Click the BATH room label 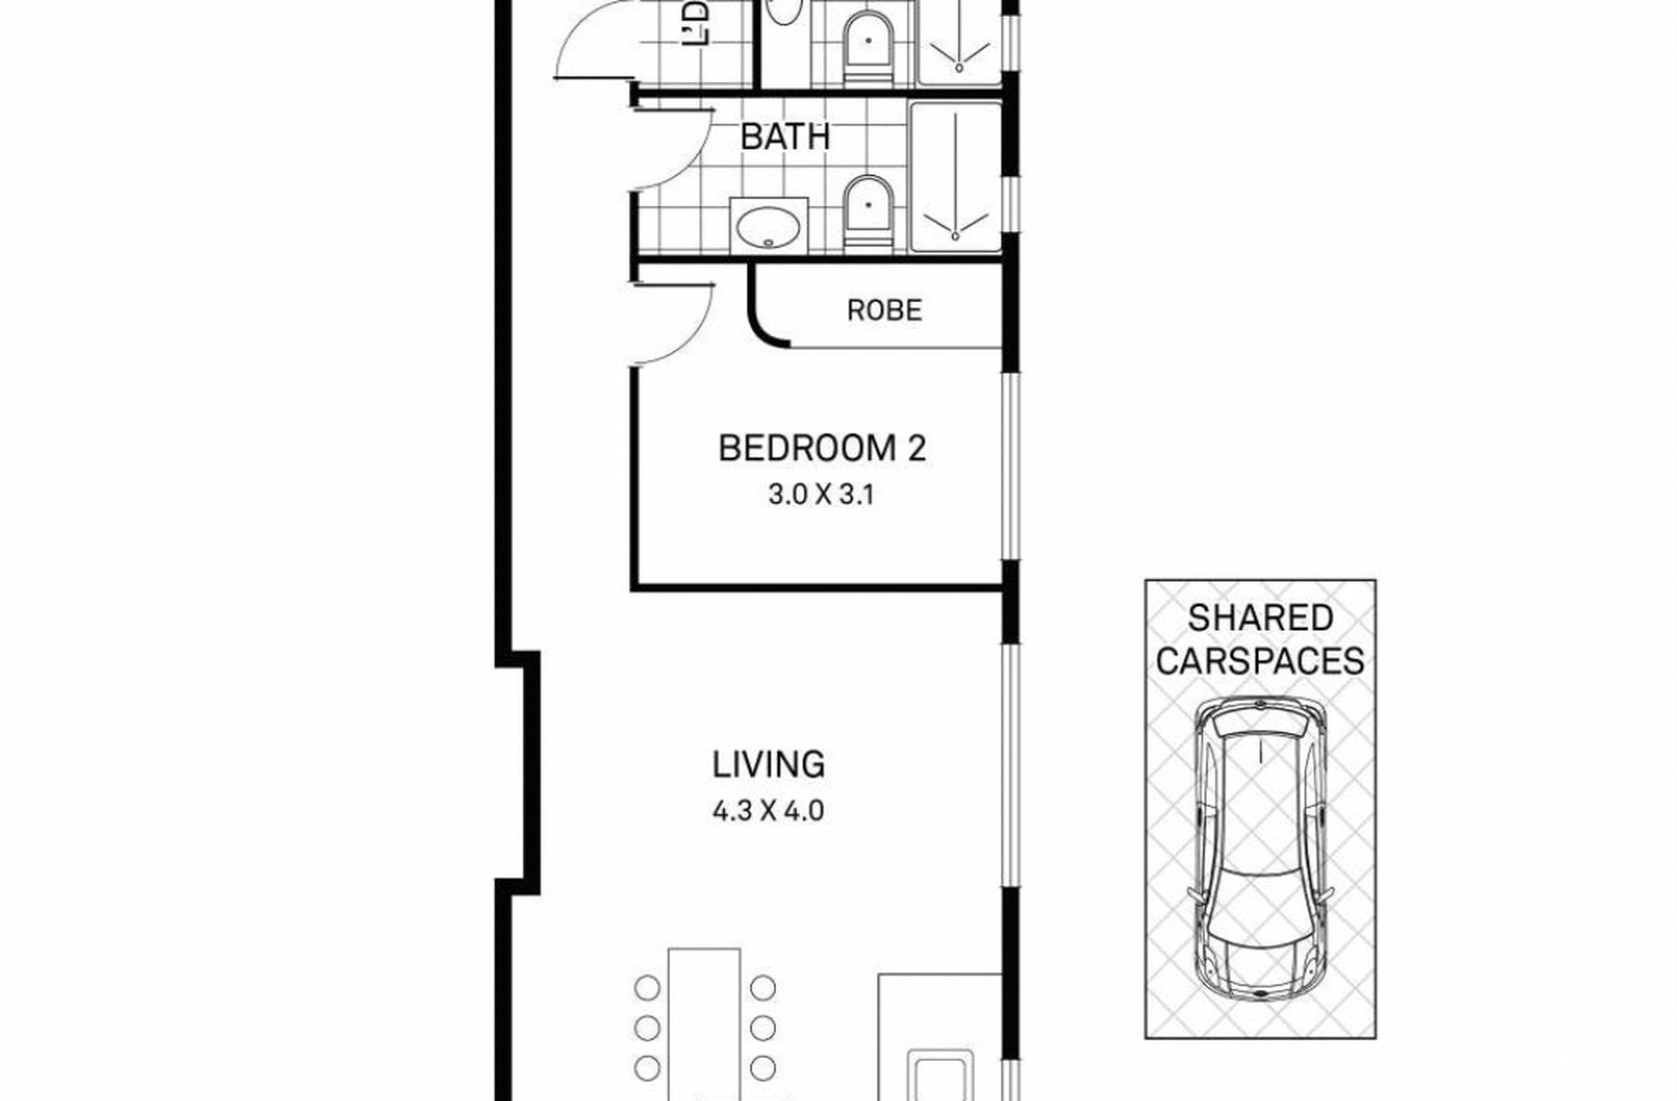[784, 137]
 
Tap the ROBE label [884, 310]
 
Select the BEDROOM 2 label [822, 448]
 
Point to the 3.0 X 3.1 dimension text [821, 495]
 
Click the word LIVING [769, 764]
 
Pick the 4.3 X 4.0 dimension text [768, 810]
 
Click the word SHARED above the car [1260, 618]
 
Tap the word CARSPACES [1260, 660]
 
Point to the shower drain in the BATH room [956, 236]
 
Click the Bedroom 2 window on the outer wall [1011, 466]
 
